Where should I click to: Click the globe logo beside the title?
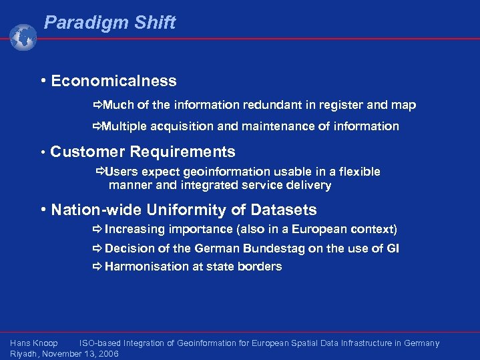23,37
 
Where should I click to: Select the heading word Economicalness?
113,81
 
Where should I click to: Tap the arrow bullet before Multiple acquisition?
97,126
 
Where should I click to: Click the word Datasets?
284,210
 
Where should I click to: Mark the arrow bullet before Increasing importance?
97,230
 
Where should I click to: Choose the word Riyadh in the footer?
23,354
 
